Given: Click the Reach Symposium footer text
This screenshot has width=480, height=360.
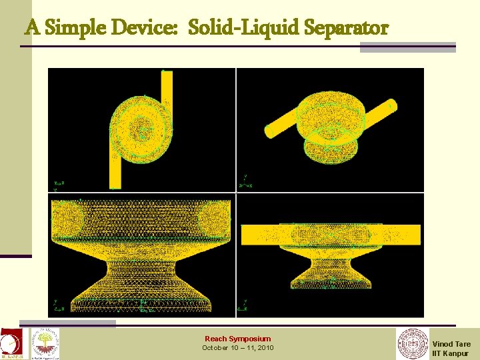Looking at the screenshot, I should coord(237,339).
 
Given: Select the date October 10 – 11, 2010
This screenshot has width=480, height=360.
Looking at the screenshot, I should coord(237,348).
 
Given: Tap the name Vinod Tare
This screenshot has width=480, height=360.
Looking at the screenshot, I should coord(451,344).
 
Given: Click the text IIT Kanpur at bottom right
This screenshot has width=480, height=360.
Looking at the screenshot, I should coord(450,353).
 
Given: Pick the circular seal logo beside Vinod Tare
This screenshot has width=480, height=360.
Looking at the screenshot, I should coord(413,344).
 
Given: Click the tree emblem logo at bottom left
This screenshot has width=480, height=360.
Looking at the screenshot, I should coord(45,343).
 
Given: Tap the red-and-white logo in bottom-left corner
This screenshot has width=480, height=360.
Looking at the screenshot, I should coord(10,344).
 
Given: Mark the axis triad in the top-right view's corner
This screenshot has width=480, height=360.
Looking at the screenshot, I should coord(244,181).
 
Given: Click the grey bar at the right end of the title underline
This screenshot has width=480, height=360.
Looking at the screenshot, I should coord(408,47).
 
